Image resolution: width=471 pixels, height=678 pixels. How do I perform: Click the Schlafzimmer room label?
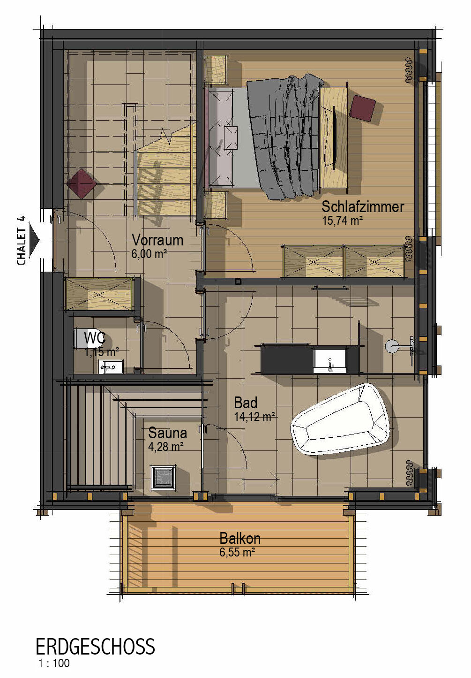tap(363, 206)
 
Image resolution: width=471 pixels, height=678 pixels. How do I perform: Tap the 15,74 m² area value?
tap(342, 221)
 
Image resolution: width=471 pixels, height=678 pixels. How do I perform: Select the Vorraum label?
tap(157, 240)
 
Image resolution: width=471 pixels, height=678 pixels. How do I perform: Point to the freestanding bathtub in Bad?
tap(340, 419)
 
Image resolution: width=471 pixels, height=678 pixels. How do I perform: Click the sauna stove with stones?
tap(163, 478)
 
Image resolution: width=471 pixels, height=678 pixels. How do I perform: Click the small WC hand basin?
tap(110, 366)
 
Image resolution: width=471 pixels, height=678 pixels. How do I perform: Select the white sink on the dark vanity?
tap(329, 360)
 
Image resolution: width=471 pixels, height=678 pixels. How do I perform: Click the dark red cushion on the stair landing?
tap(82, 184)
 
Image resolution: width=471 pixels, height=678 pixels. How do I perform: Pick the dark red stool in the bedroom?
tap(362, 108)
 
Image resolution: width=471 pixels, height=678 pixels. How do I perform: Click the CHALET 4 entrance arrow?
tap(35, 240)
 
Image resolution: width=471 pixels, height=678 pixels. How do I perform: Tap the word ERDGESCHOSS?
tap(95, 646)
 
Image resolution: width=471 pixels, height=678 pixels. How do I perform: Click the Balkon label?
tap(240, 539)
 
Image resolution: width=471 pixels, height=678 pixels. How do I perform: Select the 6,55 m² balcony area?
tap(237, 552)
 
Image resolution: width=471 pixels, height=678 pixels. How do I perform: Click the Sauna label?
tap(167, 433)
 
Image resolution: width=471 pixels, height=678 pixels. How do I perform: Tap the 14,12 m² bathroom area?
tap(254, 417)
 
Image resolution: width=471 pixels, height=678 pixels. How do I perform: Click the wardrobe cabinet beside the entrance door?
tap(99, 294)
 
